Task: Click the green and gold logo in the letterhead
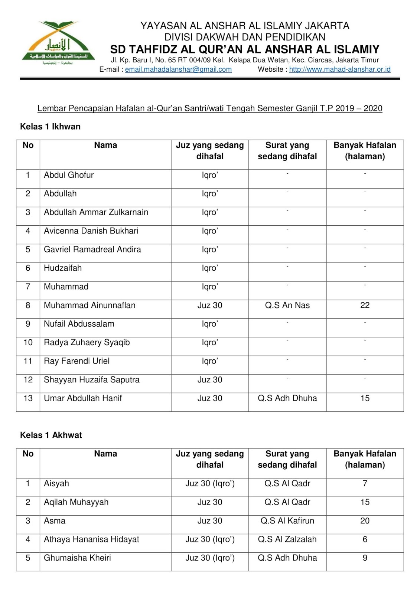[58, 43]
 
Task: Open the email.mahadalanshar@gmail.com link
[178, 69]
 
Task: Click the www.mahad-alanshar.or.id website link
[339, 69]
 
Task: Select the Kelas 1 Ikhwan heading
[50, 127]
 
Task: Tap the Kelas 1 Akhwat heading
[51, 435]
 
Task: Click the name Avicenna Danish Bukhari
[91, 231]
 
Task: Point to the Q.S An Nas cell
[287, 305]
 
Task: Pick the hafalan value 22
[365, 305]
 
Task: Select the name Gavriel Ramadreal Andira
[92, 249]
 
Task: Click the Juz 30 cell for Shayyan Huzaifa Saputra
[210, 380]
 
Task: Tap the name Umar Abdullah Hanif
[83, 398]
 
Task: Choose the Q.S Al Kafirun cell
[287, 521]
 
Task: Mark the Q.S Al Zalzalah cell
[287, 539]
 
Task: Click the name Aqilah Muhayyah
[76, 502]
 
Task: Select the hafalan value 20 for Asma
[365, 521]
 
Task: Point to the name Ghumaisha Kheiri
[77, 558]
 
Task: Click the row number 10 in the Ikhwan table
[28, 343]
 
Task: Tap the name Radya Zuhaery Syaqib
[87, 343]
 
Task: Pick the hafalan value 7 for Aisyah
[365, 484]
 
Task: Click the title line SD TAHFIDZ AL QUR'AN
[245, 49]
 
